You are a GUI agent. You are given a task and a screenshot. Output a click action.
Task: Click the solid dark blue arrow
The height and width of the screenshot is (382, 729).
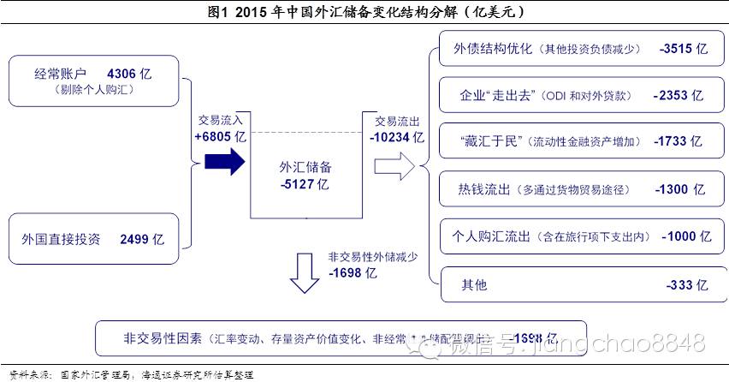[224, 162]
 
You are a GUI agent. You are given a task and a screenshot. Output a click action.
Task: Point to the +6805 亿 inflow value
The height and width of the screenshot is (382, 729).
[220, 136]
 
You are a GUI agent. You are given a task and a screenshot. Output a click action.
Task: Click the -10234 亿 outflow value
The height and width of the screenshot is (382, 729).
[396, 135]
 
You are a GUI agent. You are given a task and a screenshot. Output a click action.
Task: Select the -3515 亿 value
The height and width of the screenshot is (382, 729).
[684, 49]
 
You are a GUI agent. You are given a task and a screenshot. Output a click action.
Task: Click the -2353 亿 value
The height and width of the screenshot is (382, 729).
[678, 95]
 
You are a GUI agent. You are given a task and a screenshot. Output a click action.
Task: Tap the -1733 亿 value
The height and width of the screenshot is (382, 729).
[677, 141]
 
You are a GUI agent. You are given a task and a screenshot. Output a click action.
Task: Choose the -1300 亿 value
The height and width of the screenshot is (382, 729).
[679, 189]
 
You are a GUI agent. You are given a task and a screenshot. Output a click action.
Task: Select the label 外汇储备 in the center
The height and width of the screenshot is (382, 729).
[305, 166]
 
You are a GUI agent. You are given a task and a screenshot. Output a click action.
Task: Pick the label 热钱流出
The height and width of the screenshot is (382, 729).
[485, 189]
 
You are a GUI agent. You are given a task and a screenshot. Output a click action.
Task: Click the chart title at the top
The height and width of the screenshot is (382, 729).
[364, 13]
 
